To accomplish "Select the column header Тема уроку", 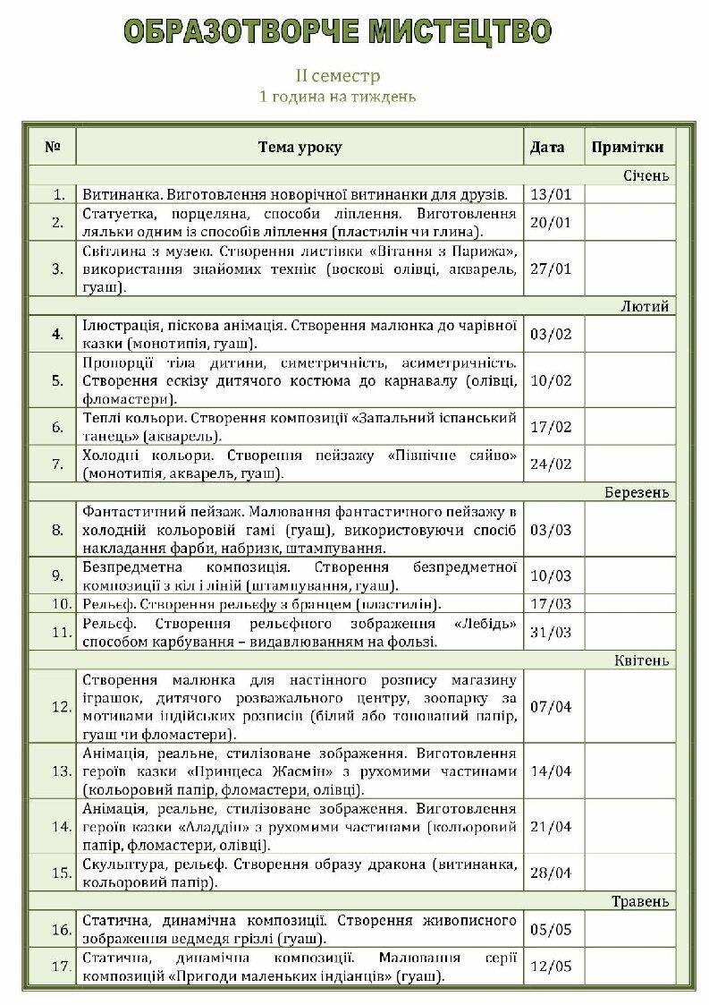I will (x=300, y=147).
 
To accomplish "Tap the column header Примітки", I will (x=628, y=147).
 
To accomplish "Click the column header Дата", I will (x=547, y=147).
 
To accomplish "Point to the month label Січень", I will (x=646, y=175).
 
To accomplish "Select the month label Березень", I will (x=637, y=492).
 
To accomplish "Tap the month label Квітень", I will (x=641, y=660).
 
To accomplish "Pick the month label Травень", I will (x=640, y=901).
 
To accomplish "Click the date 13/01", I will (x=551, y=194).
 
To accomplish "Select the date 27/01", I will (x=551, y=268).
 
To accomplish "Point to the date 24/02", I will (x=551, y=464).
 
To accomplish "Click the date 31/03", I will (x=551, y=632).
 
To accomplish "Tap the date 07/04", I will (x=551, y=707).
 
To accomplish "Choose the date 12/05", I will (x=551, y=967).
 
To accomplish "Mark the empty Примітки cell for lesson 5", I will (x=629, y=380).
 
